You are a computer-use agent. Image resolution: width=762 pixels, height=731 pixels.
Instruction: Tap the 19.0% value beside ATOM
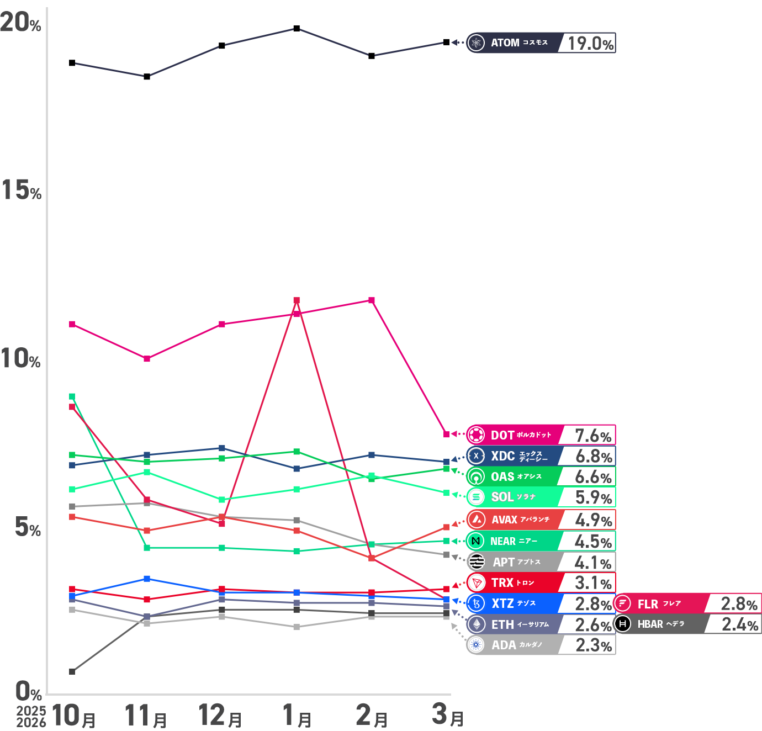(x=590, y=43)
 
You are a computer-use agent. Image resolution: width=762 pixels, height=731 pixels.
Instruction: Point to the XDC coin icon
(x=476, y=456)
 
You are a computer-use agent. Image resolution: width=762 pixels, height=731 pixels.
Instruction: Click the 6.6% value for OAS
(x=593, y=477)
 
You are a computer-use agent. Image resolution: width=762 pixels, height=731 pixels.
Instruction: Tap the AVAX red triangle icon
(x=476, y=520)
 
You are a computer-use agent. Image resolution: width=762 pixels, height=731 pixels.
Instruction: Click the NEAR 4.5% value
(x=593, y=542)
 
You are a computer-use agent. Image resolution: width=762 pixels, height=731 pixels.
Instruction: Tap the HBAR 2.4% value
(x=739, y=624)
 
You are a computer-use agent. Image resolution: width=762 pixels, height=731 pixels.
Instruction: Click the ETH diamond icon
(x=476, y=624)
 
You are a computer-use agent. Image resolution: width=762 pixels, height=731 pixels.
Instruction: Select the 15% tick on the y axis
(x=21, y=190)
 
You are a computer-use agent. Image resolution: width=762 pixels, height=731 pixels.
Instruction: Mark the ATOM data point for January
(x=297, y=28)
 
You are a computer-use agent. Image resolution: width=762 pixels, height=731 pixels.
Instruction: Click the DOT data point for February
(x=372, y=300)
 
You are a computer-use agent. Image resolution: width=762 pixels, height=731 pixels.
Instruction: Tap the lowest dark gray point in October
(x=72, y=671)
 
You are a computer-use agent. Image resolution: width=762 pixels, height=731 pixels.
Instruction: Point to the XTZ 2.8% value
(x=593, y=603)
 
